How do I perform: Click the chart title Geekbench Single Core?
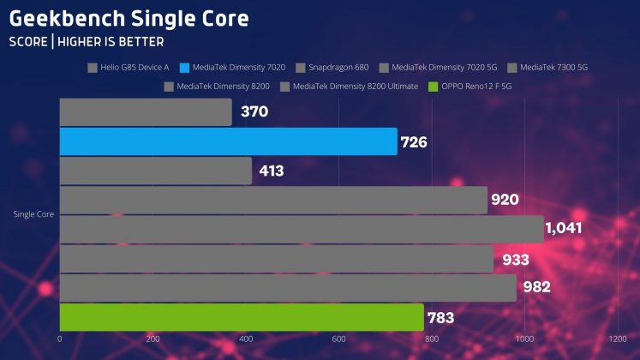[129, 18]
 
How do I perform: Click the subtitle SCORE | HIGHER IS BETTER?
[87, 41]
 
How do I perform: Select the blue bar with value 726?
[228, 141]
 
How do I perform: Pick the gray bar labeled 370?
[146, 112]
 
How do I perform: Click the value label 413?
[271, 171]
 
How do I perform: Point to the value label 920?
[505, 201]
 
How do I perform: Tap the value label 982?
[535, 288]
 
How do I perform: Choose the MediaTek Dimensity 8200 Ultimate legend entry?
[355, 86]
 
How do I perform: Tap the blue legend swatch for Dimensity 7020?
[186, 67]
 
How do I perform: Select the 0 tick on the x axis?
[60, 339]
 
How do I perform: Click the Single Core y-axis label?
[35, 214]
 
